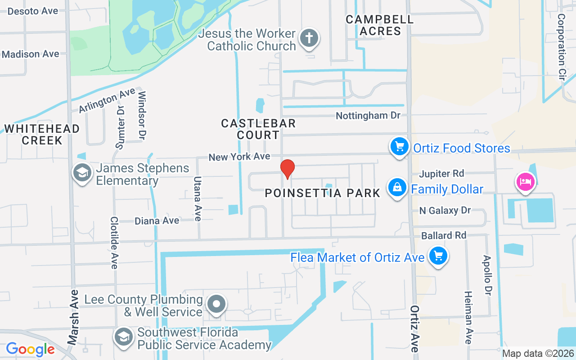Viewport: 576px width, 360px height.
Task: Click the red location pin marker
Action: pyautogui.click(x=288, y=169)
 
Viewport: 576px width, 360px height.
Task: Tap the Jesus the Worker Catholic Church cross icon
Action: pyautogui.click(x=309, y=38)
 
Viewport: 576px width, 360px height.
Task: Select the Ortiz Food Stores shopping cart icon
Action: pyautogui.click(x=399, y=147)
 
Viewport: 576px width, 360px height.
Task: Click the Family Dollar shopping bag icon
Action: pyautogui.click(x=397, y=188)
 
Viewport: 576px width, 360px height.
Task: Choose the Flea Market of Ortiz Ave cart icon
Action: pyautogui.click(x=437, y=256)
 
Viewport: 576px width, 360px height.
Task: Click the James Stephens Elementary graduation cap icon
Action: pyautogui.click(x=82, y=173)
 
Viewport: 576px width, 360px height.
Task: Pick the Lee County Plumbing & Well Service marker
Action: pyautogui.click(x=216, y=305)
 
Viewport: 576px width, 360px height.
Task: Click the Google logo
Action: pyautogui.click(x=30, y=349)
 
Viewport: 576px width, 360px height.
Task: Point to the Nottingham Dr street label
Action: pyautogui.click(x=368, y=116)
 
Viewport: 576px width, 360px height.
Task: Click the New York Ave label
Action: pyautogui.click(x=239, y=157)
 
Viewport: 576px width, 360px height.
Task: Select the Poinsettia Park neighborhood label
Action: pyautogui.click(x=323, y=193)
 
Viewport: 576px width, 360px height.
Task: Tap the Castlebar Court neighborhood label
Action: pyautogui.click(x=258, y=129)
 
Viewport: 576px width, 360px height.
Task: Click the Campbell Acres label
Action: pyautogui.click(x=380, y=25)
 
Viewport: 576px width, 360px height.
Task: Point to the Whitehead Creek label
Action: pyautogui.click(x=42, y=135)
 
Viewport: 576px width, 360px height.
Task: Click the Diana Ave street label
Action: pyautogui.click(x=157, y=221)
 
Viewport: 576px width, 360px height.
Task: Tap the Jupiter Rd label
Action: pyautogui.click(x=441, y=174)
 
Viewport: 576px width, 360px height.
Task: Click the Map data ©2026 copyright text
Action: pyautogui.click(x=538, y=354)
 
